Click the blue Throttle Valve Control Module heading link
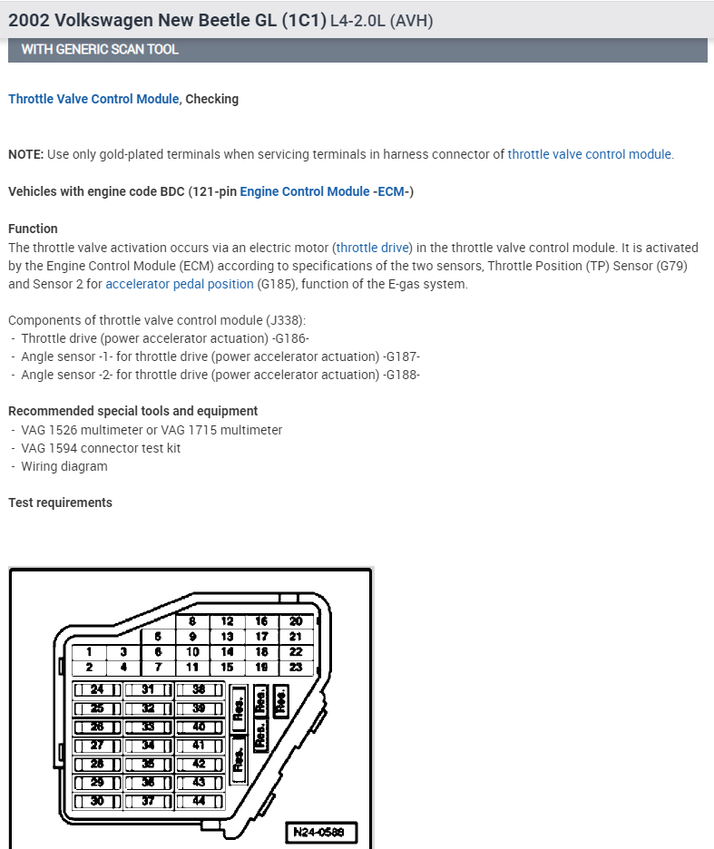pos(93,99)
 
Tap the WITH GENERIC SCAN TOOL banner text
pos(100,49)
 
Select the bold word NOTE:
pos(25,154)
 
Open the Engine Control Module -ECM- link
pos(327,191)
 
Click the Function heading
pos(33,229)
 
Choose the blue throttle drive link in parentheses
pos(373,247)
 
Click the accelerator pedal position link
pos(180,284)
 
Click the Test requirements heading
pos(60,503)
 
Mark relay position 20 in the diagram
pos(296,621)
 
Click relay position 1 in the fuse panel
pos(89,651)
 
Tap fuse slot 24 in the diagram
pos(97,689)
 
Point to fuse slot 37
pos(148,801)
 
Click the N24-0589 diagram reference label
pos(320,831)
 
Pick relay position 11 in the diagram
pos(192,667)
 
